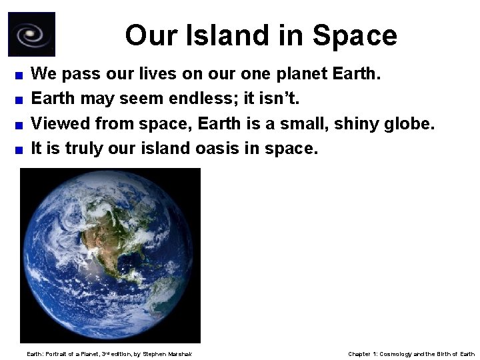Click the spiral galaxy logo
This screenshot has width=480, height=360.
click(31, 34)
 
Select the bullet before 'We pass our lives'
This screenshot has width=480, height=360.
click(21, 75)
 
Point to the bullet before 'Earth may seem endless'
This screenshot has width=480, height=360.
click(21, 100)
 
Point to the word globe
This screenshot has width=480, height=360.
click(411, 123)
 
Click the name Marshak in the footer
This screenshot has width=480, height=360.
click(181, 353)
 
